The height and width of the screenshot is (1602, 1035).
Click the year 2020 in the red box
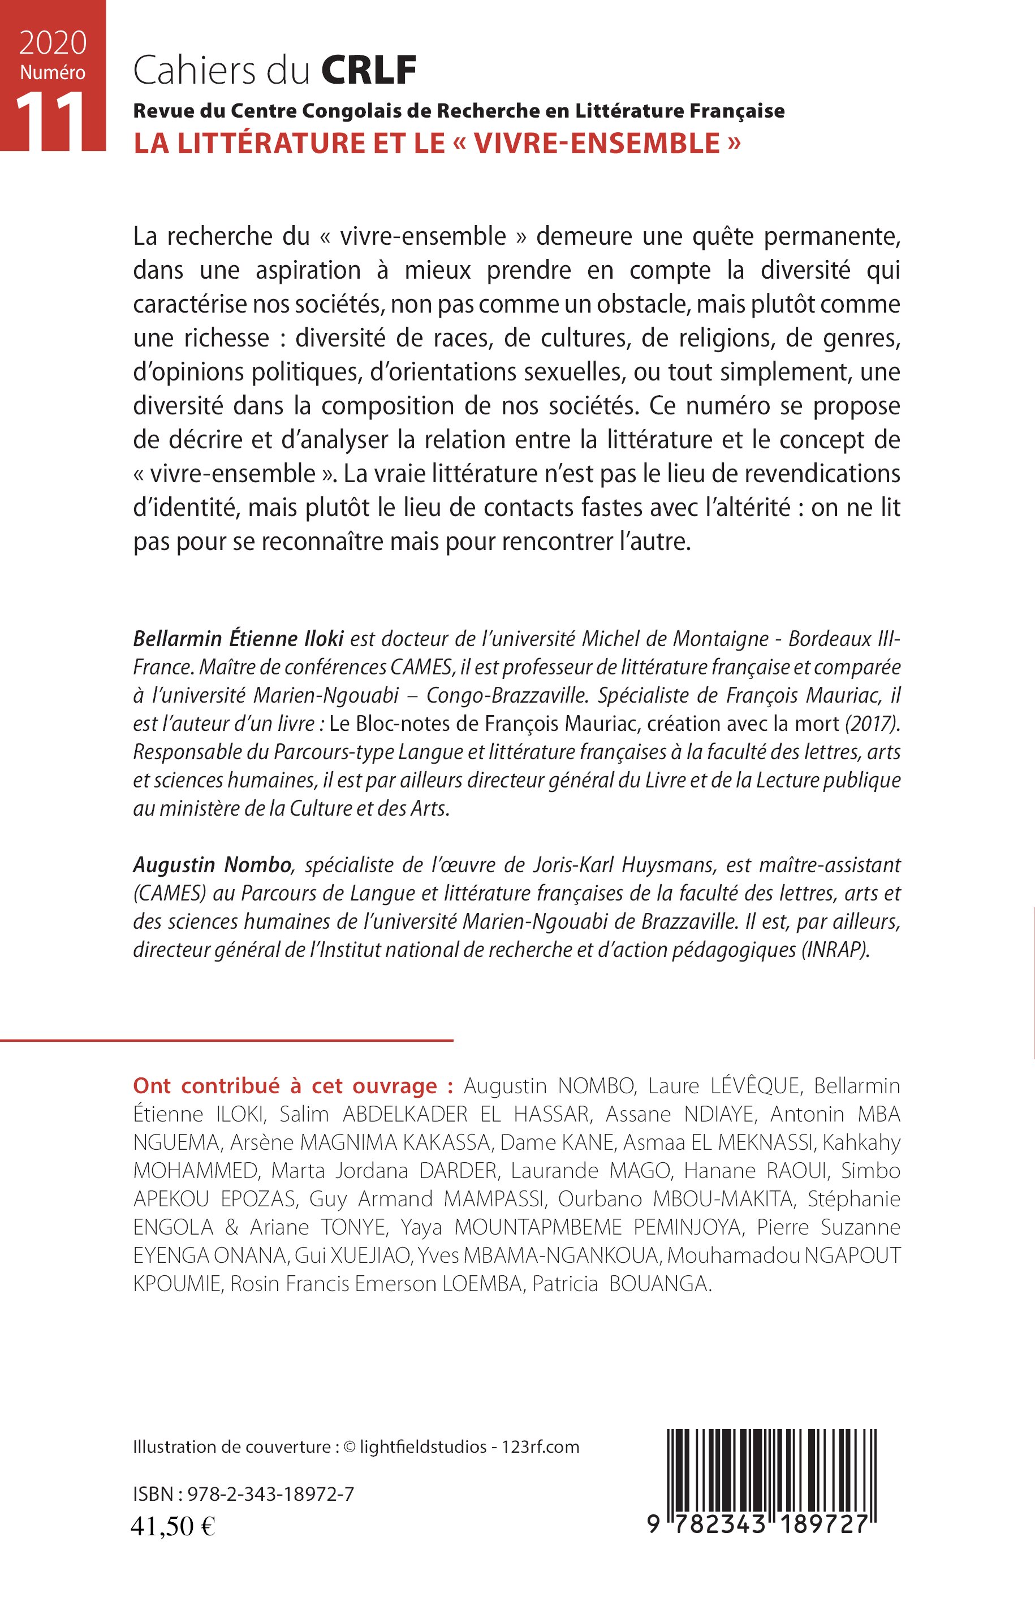click(x=53, y=44)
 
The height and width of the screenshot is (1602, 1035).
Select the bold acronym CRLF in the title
click(x=369, y=71)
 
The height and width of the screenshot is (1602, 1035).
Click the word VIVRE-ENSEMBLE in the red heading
click(x=597, y=144)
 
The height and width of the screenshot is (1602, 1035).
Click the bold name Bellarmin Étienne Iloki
click(x=238, y=638)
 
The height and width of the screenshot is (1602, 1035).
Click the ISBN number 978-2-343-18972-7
click(x=271, y=1495)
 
